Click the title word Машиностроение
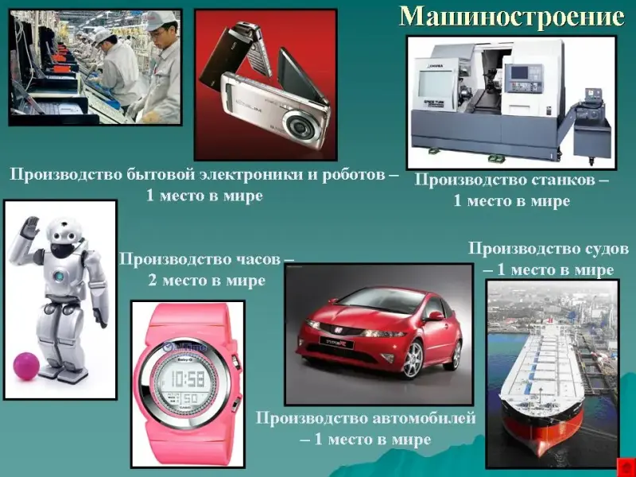(x=512, y=17)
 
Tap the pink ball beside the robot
(x=26, y=366)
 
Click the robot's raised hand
(x=29, y=227)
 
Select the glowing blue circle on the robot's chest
(x=59, y=277)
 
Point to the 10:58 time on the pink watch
(x=188, y=379)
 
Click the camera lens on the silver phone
(x=301, y=126)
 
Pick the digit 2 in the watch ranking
(x=152, y=281)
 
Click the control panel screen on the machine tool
(x=520, y=72)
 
